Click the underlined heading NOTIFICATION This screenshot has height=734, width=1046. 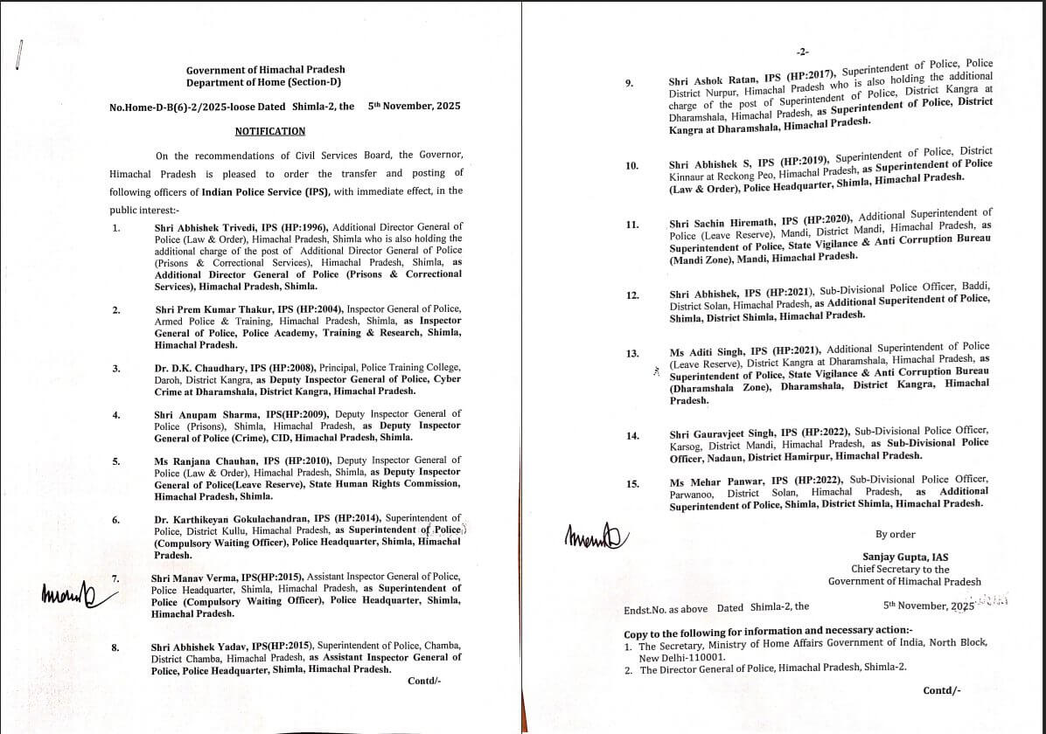[x=270, y=131]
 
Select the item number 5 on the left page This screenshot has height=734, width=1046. [x=116, y=460]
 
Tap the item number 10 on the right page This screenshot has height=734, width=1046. [x=631, y=165]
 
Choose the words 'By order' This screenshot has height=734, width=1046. [x=895, y=534]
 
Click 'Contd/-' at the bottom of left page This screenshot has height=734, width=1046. [x=424, y=681]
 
